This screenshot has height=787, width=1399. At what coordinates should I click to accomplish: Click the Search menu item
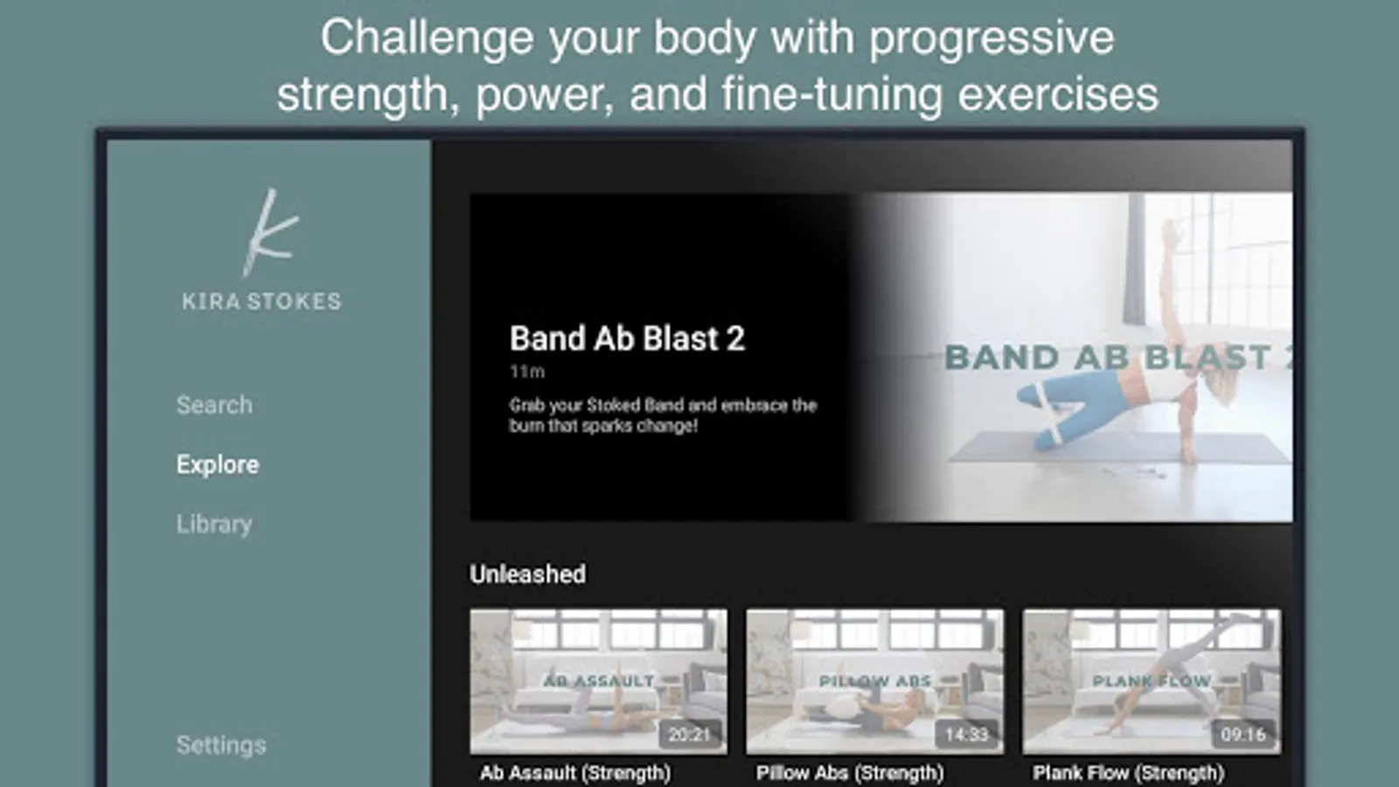tap(214, 405)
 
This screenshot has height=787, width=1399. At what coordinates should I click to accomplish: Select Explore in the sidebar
tap(218, 464)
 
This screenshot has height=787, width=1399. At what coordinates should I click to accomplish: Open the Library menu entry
tap(214, 524)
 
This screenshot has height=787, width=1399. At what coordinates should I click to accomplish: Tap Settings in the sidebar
tap(221, 744)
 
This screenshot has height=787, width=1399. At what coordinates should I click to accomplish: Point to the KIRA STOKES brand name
tap(261, 301)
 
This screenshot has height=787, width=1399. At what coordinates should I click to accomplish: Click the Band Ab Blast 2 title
tap(627, 338)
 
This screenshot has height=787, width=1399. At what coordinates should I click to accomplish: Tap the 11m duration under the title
tap(527, 372)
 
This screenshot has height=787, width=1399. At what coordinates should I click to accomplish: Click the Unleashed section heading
tap(528, 574)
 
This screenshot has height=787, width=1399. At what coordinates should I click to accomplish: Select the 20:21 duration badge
tap(690, 735)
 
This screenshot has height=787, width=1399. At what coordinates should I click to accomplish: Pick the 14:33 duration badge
tap(966, 735)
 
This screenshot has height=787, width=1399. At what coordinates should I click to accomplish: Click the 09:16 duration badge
tap(1242, 735)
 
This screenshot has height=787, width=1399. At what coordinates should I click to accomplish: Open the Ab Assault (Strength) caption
tap(575, 773)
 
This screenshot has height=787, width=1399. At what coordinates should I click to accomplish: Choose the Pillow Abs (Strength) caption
tap(850, 773)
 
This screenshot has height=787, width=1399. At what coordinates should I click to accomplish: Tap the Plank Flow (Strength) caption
tap(1128, 773)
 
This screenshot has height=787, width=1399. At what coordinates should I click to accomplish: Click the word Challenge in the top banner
tap(428, 38)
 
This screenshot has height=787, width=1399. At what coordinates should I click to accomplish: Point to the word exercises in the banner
tap(1058, 95)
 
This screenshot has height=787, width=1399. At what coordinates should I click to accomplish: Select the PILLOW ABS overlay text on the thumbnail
tap(875, 681)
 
